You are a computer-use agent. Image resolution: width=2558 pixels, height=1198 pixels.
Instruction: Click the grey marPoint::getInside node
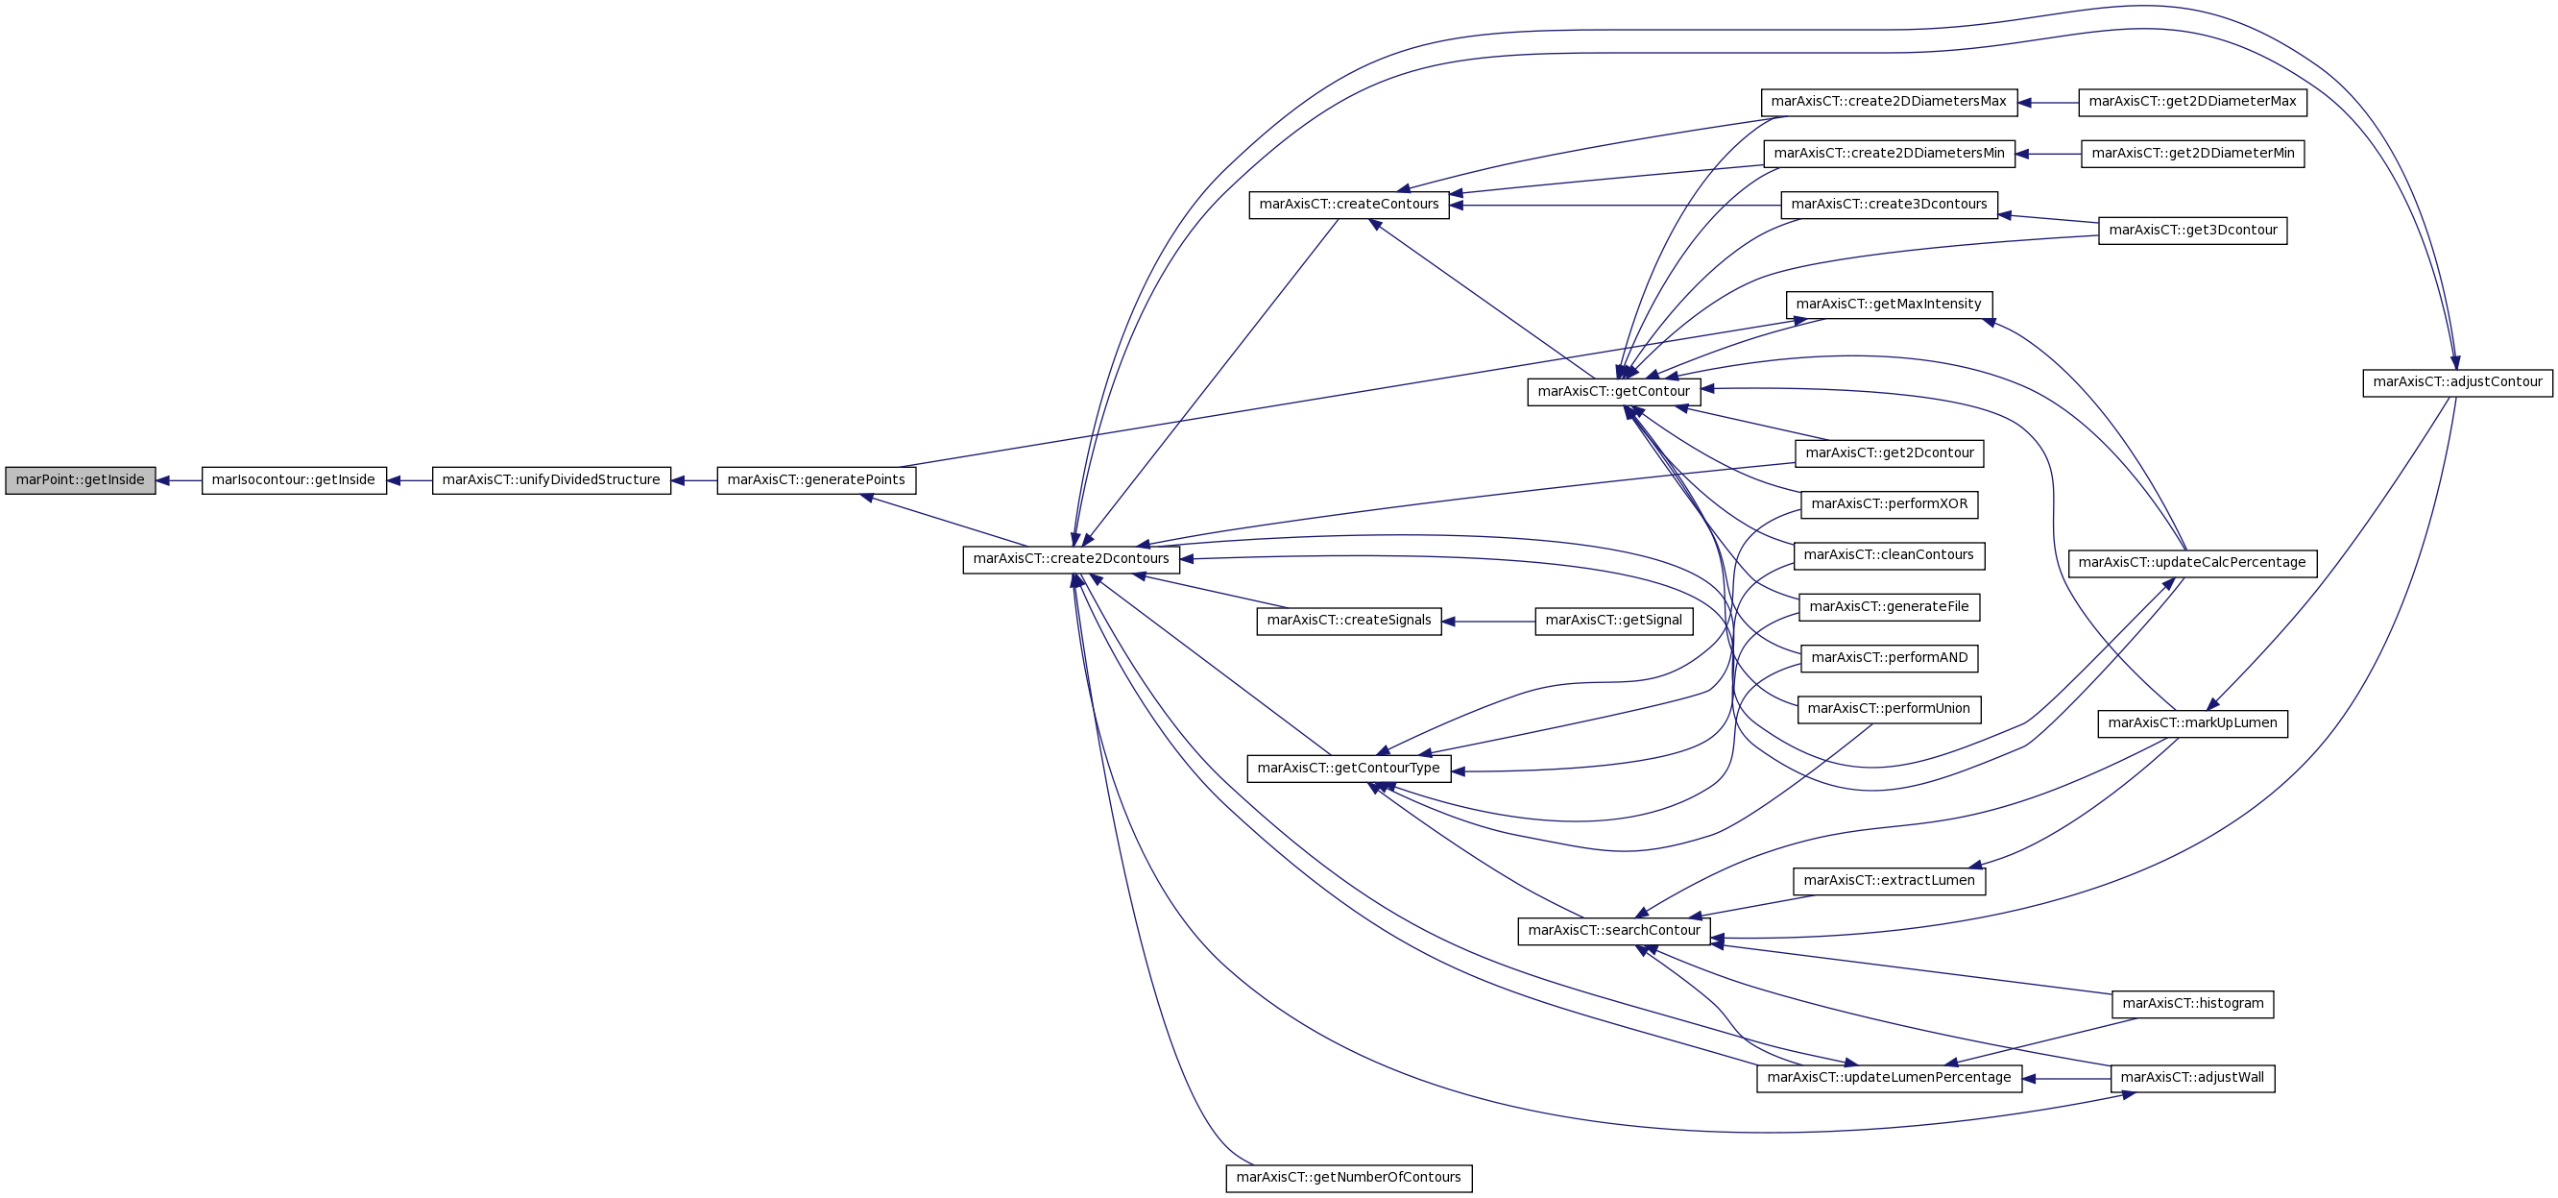(81, 480)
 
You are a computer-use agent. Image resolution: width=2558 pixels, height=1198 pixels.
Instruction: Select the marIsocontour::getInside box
(294, 480)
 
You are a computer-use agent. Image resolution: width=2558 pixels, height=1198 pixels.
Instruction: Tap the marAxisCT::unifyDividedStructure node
(551, 480)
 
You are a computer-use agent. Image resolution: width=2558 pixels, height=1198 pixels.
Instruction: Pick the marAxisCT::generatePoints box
(816, 480)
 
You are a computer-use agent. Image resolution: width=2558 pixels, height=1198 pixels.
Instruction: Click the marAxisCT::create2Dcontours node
(1072, 559)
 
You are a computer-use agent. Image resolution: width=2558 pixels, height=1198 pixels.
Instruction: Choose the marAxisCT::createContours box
(1348, 205)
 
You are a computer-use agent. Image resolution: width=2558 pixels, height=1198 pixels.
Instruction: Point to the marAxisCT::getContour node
(1614, 391)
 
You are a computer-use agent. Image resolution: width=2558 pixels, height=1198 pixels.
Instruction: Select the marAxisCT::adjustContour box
(2458, 382)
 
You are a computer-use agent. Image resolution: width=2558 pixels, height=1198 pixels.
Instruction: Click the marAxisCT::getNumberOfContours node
(1348, 1178)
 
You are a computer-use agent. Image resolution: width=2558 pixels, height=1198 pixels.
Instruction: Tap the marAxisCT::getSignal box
(1614, 621)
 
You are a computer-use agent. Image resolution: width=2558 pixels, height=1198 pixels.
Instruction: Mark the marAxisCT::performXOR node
(1890, 504)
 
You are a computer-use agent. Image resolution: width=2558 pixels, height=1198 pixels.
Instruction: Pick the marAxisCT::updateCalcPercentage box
(2192, 563)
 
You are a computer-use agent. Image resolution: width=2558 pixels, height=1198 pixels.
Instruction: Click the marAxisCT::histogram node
(2192, 1004)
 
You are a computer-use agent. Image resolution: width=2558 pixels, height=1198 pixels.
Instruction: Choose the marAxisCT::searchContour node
(1614, 931)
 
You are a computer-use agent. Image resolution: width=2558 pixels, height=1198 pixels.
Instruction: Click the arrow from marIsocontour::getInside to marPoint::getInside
(179, 480)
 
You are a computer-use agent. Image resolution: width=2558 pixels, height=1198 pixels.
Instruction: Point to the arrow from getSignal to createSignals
(1488, 622)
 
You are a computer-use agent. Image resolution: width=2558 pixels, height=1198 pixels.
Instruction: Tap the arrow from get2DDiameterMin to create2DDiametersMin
(2048, 154)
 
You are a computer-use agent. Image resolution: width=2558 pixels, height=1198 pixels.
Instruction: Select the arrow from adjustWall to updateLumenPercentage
(2066, 1079)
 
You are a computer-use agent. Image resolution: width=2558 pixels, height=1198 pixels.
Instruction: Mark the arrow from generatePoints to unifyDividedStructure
(694, 480)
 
